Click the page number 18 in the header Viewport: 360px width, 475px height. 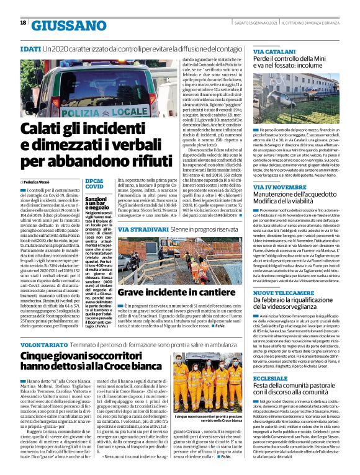point(23,23)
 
